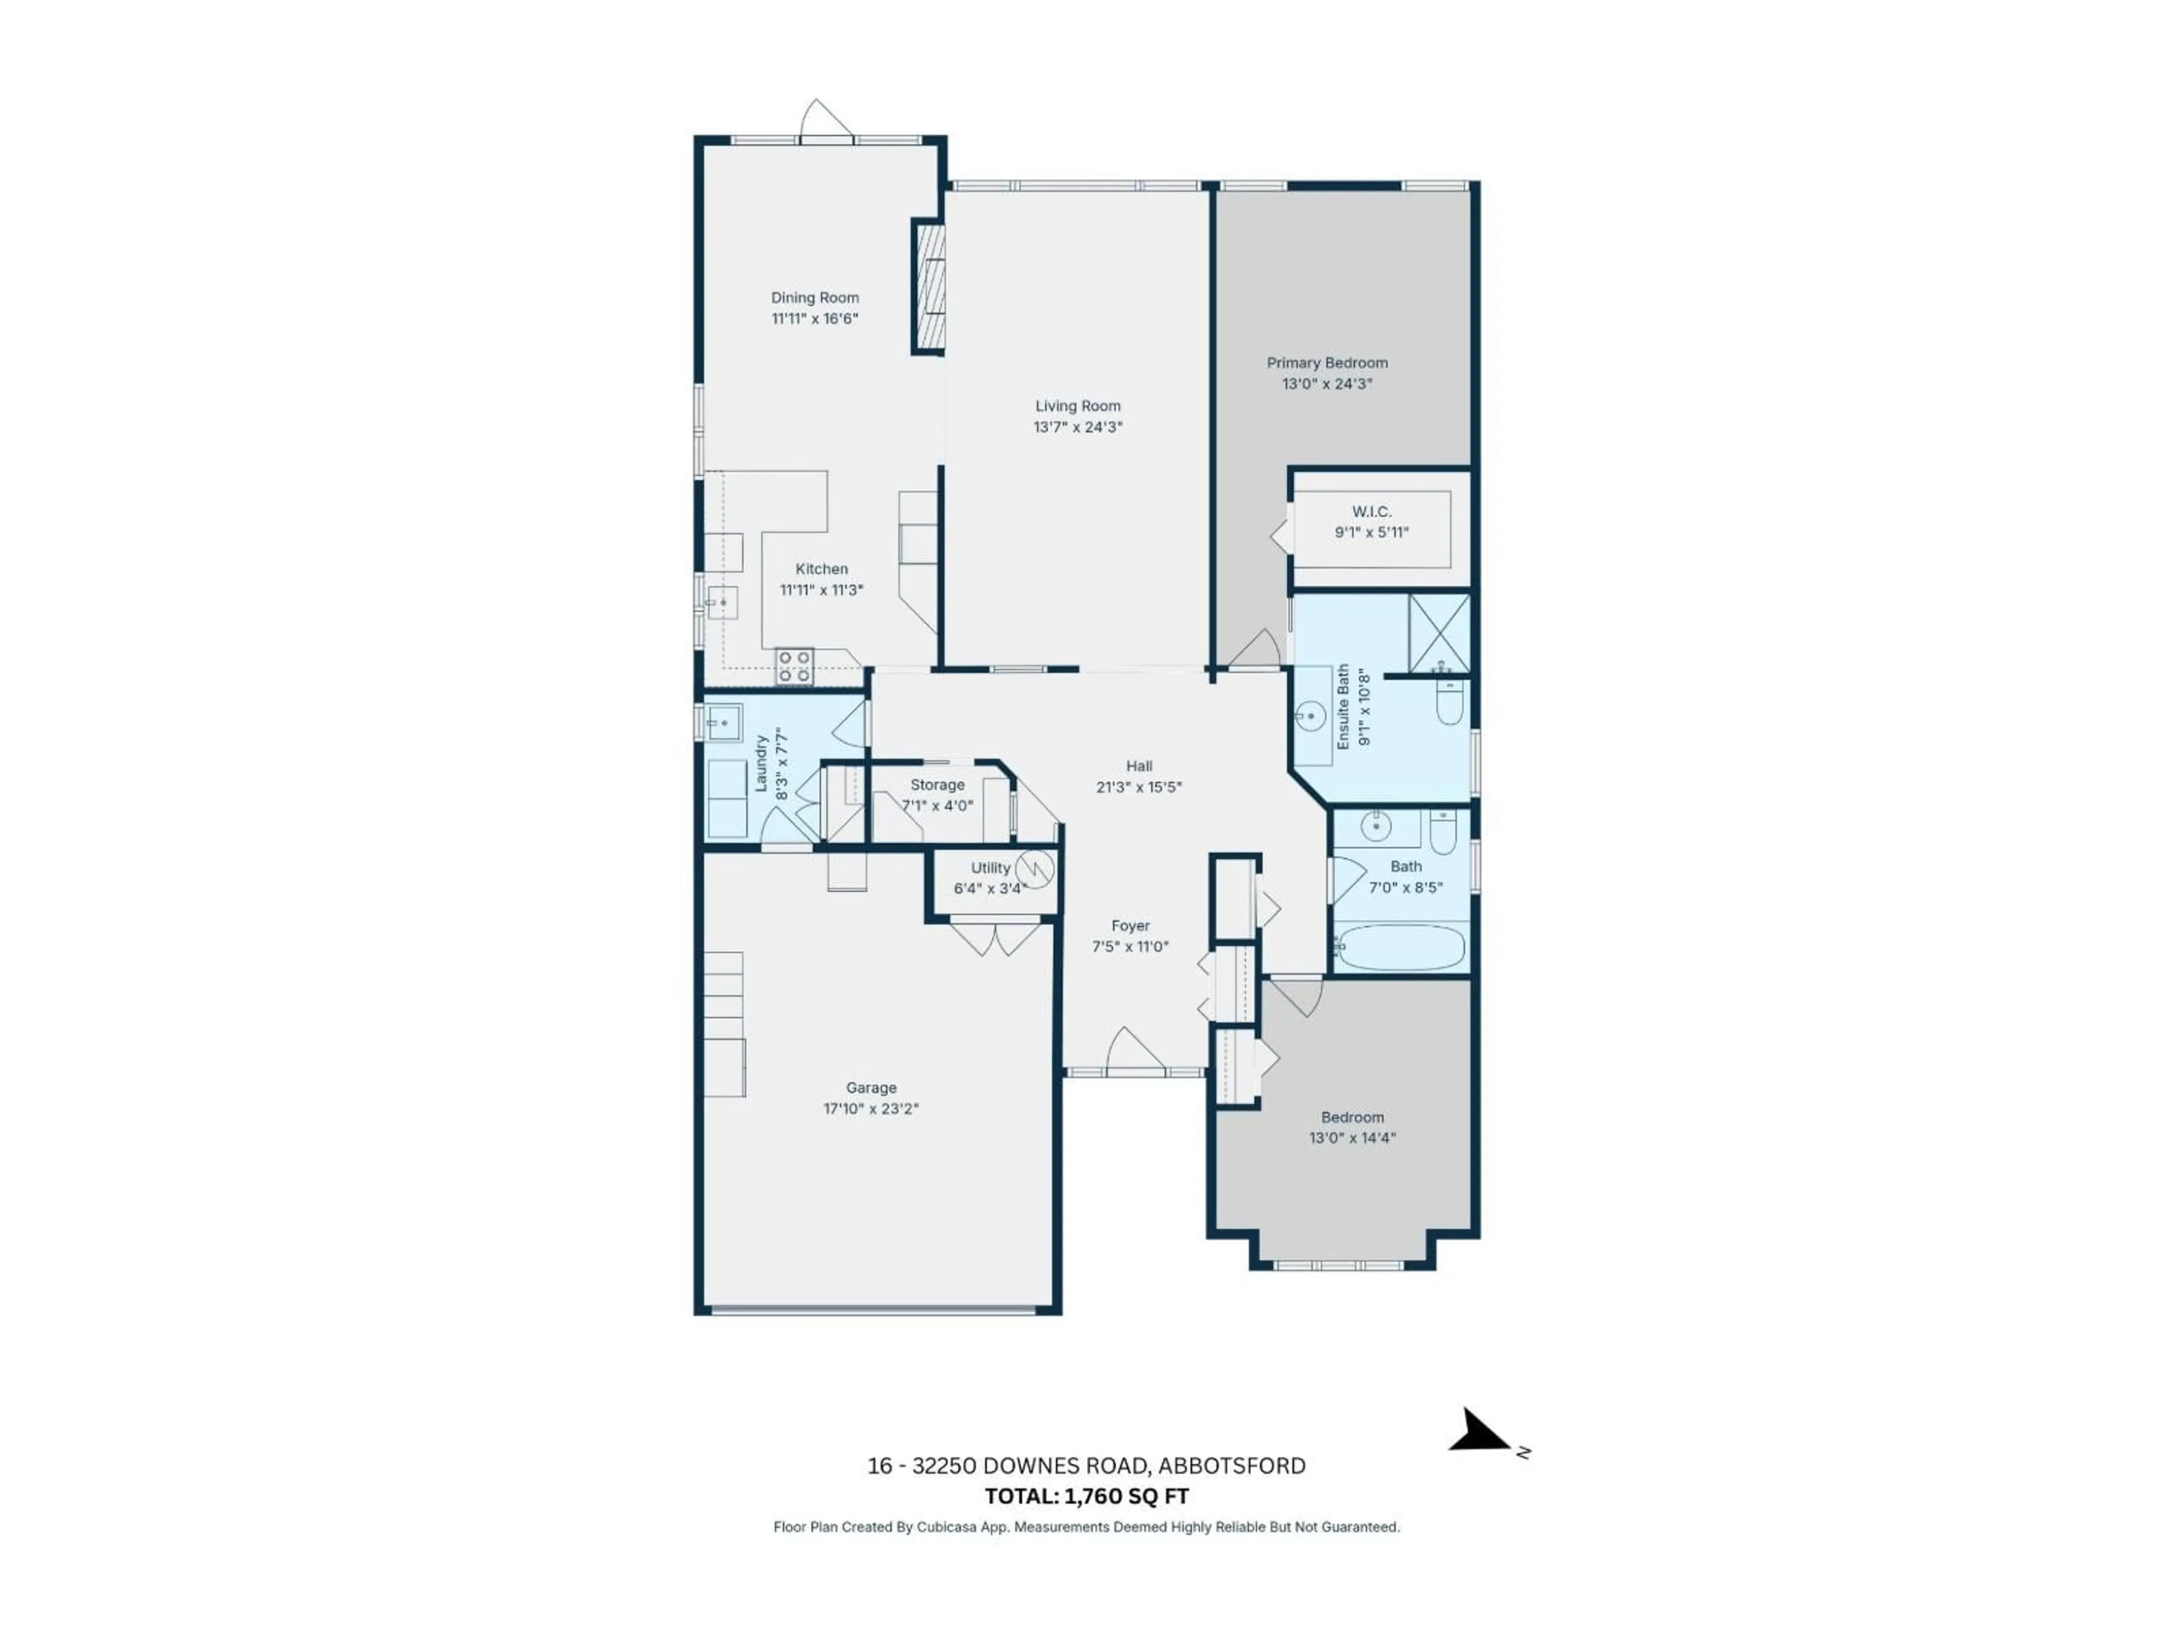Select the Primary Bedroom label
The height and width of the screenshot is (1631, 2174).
click(1327, 363)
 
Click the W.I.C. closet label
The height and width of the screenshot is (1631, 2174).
click(1371, 512)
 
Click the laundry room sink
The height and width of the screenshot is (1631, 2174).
click(722, 723)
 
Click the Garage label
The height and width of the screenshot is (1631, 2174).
click(871, 1087)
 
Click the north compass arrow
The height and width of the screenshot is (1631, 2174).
click(1479, 1432)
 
